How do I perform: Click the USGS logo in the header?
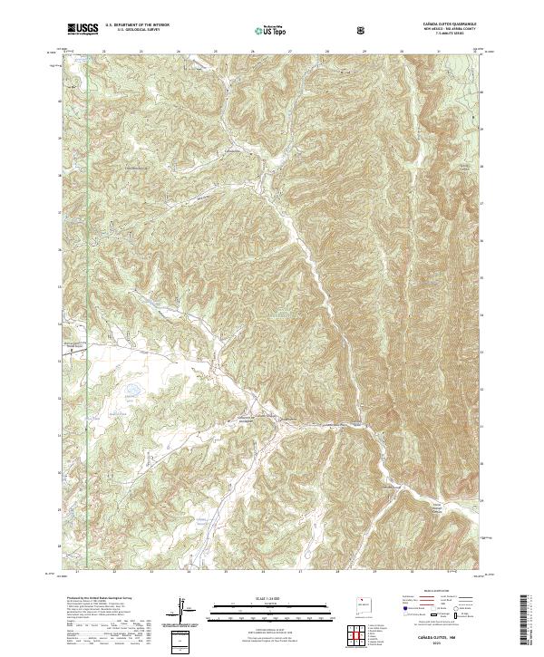pyautogui.click(x=83, y=30)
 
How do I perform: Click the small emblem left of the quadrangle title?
pyautogui.click(x=364, y=30)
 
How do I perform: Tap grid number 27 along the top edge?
pyautogui.click(x=289, y=51)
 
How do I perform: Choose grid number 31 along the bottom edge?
pyautogui.click(x=449, y=572)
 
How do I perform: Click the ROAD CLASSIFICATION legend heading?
pyautogui.click(x=443, y=590)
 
